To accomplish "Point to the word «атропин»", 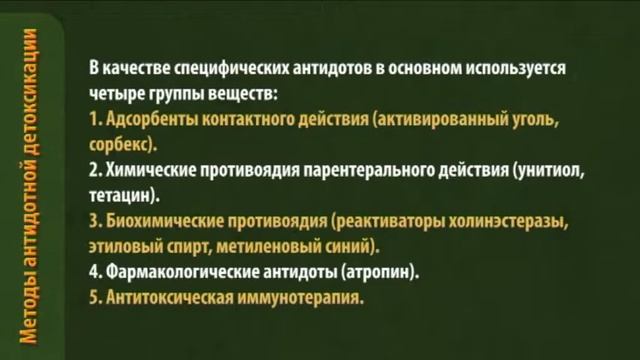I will (380, 272).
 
